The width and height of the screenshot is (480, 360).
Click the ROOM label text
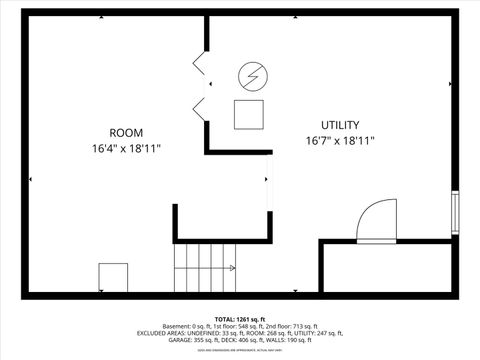tap(126, 133)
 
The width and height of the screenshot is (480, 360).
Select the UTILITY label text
tap(340, 126)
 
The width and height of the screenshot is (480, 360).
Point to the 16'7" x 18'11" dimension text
tap(340, 142)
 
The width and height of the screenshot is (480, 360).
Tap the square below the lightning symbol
tap(249, 114)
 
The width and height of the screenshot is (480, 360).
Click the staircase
tap(204, 267)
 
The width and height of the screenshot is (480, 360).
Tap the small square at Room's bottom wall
tap(113, 277)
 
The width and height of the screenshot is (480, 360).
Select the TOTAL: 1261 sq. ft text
tap(240, 318)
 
